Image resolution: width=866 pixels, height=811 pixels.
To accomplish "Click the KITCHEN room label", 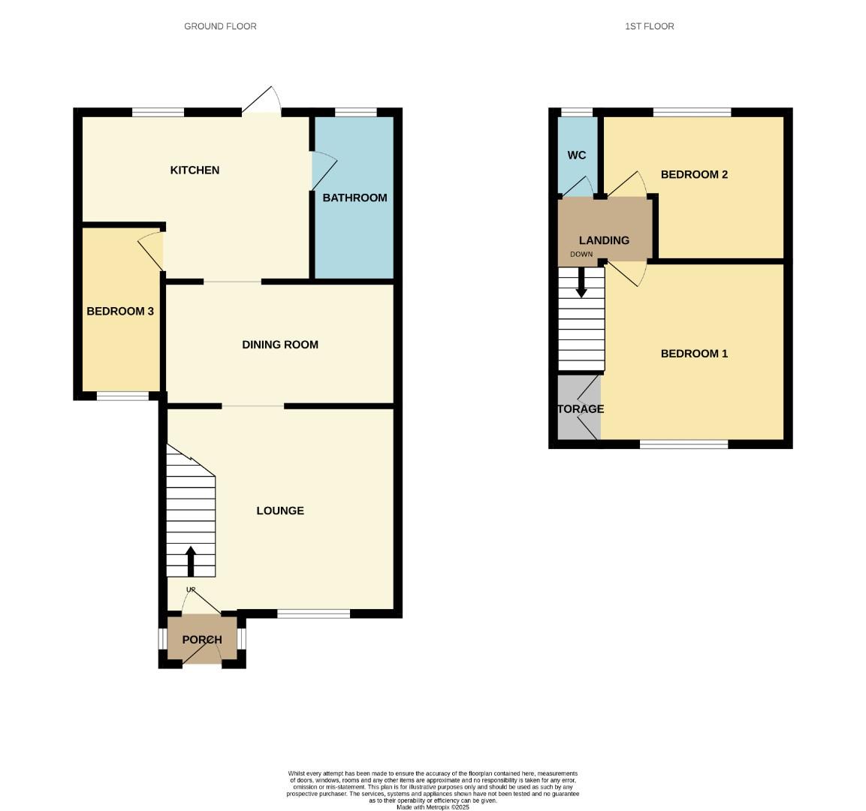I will (x=195, y=170).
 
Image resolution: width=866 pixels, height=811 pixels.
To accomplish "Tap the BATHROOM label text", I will (x=355, y=197).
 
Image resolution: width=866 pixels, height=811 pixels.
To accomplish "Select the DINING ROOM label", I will (x=279, y=345).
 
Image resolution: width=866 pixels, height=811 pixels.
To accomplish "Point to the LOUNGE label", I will (x=280, y=511).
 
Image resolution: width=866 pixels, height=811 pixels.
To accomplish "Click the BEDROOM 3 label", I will (x=120, y=311).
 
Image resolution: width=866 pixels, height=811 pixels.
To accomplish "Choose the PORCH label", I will (x=202, y=640).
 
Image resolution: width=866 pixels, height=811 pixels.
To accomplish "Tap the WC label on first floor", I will (x=576, y=155).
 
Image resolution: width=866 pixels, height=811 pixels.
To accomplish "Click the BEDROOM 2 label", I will (x=694, y=175).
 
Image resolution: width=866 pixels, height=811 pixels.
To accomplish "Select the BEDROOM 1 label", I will (x=694, y=354).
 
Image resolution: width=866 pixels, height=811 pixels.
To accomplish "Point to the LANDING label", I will (x=604, y=240).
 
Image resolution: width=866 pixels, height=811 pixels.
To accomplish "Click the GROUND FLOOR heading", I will (x=220, y=26).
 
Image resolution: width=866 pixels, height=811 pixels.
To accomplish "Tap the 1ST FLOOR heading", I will (x=649, y=26).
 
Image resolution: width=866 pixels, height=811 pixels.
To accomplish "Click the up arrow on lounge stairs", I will (x=190, y=560).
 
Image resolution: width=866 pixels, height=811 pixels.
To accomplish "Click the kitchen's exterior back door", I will (x=261, y=112).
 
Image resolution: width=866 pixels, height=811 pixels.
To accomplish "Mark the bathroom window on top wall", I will (x=355, y=113).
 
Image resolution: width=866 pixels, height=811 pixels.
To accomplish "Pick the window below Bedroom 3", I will (x=122, y=396).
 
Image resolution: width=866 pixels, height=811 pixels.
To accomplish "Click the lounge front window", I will (x=313, y=614).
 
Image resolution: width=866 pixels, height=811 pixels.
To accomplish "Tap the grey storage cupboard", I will (x=579, y=408).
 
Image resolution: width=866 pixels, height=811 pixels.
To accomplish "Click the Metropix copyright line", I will (x=433, y=807).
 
